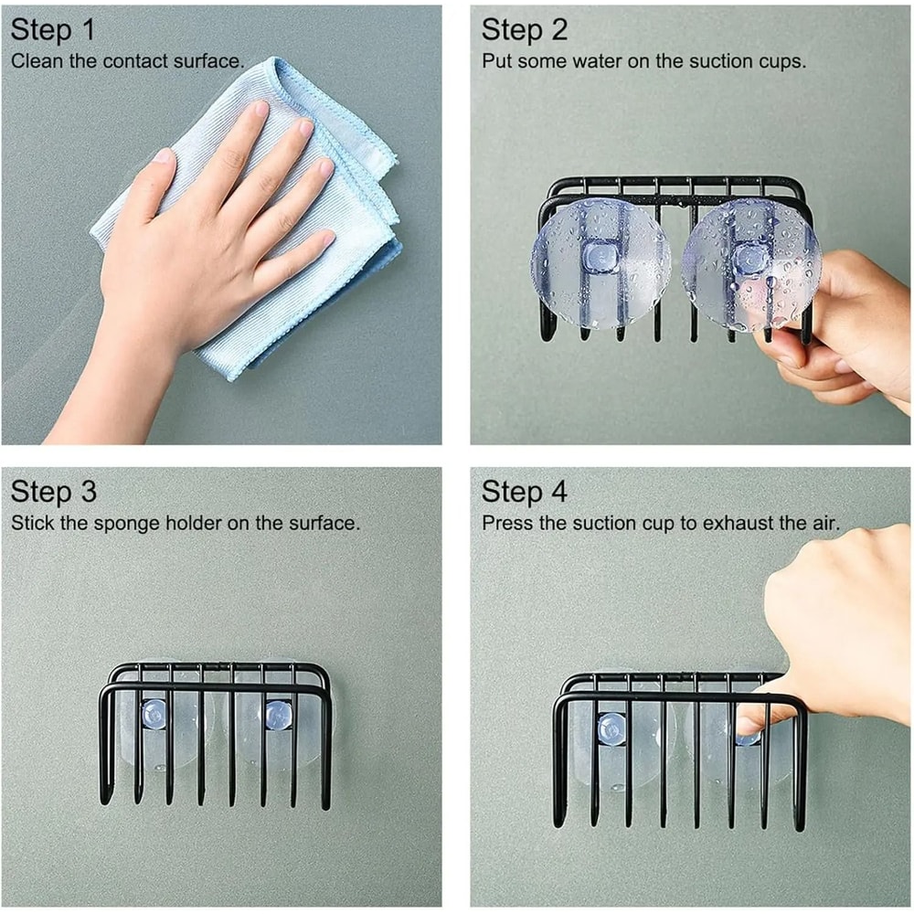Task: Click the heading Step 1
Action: pos(52,30)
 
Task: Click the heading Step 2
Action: pos(524,30)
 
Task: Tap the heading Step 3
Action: pos(54,492)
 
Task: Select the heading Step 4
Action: pos(524,492)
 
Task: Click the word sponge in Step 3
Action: pos(126,524)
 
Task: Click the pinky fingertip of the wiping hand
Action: pos(327,238)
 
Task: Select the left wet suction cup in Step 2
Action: pos(600,265)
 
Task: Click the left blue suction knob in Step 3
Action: pos(154,714)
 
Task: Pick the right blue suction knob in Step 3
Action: pos(278,715)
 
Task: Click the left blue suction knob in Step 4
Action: pos(611,728)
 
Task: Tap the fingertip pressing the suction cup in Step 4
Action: pos(746,727)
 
